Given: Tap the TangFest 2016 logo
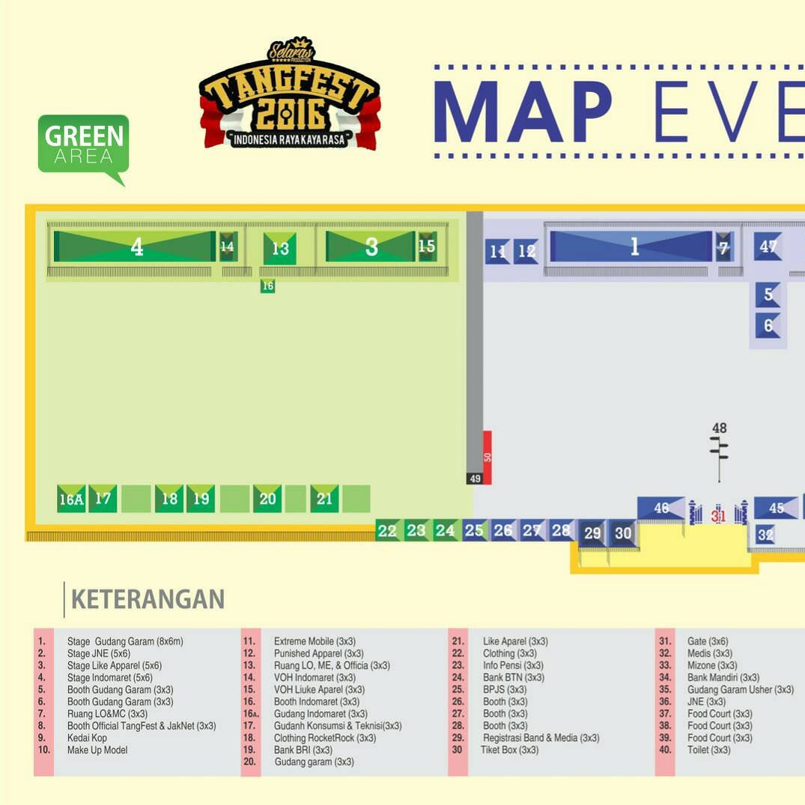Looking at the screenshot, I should click(290, 96).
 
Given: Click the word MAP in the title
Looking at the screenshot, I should click(522, 112).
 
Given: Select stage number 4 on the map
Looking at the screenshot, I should click(136, 247).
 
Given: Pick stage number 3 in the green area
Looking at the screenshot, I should click(371, 247).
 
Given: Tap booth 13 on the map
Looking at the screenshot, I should click(280, 249).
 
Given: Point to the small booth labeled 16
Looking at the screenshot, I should click(267, 286).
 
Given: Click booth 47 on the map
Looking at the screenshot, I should click(768, 246).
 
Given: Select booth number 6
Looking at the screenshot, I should click(768, 326).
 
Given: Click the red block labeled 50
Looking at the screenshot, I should click(487, 456).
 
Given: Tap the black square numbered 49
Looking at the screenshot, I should click(475, 479).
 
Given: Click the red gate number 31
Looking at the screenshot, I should click(719, 515).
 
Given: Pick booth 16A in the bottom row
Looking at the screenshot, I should click(71, 499).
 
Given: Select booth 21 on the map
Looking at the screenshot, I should click(324, 499).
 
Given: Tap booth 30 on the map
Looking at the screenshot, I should click(623, 534).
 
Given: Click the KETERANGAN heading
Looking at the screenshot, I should click(148, 599).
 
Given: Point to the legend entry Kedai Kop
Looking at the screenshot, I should click(87, 738).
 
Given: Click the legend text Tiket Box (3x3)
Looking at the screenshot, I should click(509, 750).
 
